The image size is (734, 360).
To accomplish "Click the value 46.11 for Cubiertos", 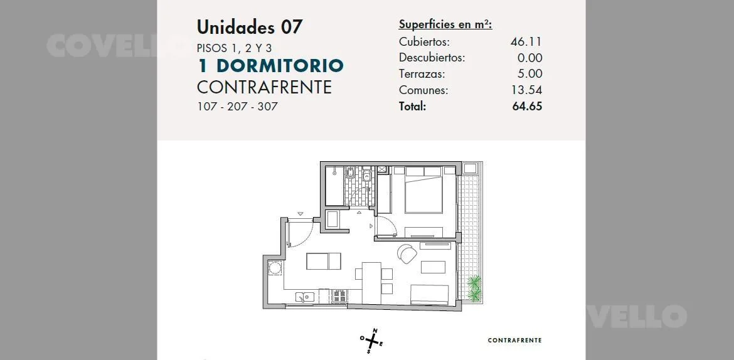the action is click(526, 41).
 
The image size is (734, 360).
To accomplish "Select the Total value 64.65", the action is click(527, 106).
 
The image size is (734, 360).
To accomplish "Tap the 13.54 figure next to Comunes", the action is click(526, 90).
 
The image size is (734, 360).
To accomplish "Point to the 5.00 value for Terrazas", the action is click(531, 73).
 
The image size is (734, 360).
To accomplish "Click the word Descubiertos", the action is click(432, 58).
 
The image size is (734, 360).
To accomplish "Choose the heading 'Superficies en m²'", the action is click(445, 25).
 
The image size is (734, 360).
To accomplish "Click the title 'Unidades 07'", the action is click(250, 27).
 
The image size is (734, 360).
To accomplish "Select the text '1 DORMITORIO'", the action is click(270, 66).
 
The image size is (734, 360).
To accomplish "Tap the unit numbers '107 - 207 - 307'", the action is click(237, 106).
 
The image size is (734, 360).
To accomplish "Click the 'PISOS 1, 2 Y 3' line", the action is click(235, 48).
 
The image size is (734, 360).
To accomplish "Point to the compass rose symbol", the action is click(372, 341).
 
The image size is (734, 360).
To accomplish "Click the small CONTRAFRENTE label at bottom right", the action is click(514, 341).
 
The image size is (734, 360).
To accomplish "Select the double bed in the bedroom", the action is click(423, 190).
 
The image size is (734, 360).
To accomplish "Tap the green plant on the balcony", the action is click(474, 288).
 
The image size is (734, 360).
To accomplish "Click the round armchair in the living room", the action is click(407, 253).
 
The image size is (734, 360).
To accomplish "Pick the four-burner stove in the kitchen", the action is click(339, 296).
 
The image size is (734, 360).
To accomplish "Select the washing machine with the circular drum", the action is click(275, 268).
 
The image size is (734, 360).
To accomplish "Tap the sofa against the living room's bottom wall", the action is click(430, 295).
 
